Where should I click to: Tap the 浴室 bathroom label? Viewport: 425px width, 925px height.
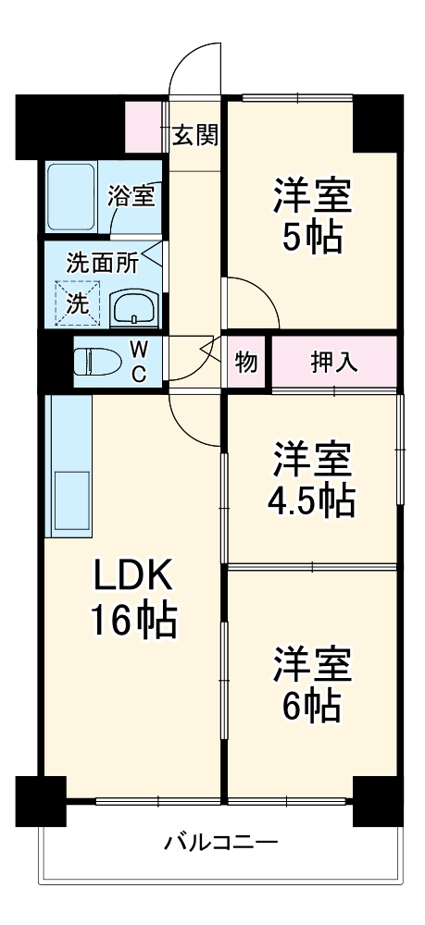point(131,195)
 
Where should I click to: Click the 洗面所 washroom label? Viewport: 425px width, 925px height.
point(102,262)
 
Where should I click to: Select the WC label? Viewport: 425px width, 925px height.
point(137,361)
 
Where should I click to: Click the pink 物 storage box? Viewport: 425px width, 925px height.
point(246,362)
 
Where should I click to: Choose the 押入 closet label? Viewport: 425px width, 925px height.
point(333,362)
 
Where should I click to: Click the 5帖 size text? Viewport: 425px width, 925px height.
point(311,238)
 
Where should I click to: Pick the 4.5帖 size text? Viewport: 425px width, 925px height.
point(311,500)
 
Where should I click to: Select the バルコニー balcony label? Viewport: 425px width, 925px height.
point(221,843)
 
